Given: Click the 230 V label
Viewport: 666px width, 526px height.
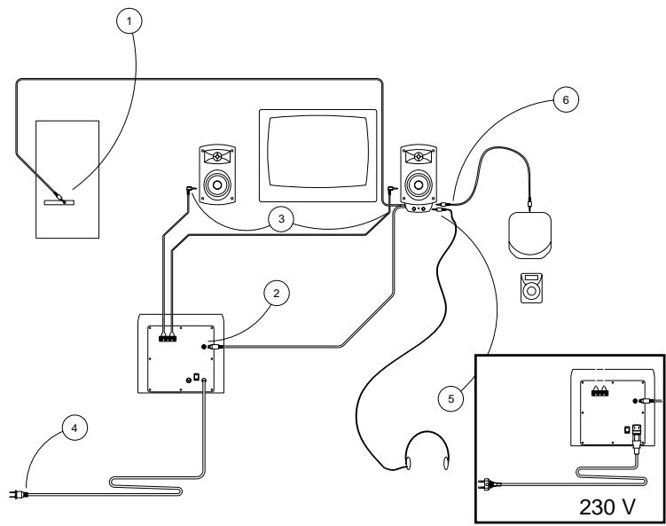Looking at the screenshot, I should [608, 506].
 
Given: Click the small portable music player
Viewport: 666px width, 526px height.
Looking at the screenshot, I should [529, 288].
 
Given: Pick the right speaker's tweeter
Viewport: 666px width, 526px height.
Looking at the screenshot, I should [418, 157].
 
